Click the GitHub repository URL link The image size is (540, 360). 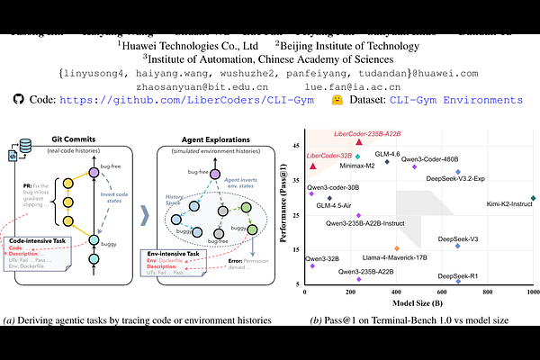(193, 103)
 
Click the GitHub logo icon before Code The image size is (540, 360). (19, 102)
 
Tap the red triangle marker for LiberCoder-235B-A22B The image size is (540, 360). (359, 142)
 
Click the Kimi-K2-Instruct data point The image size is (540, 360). (534, 198)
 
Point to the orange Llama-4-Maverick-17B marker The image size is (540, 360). (397, 248)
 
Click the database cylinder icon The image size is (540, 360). (26, 144)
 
